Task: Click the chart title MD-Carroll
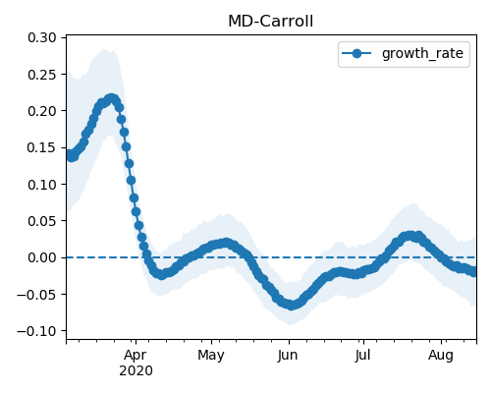point(270,22)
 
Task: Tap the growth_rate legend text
point(422,53)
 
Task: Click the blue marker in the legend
point(356,53)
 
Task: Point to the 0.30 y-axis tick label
point(42,37)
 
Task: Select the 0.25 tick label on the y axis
point(42,75)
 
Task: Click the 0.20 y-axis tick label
point(42,111)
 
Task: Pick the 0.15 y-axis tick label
point(42,147)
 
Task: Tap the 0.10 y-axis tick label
point(42,185)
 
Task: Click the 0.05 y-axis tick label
point(42,221)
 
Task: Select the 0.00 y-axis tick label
point(42,257)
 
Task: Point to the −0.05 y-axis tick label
point(37,295)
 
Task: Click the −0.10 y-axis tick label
point(37,331)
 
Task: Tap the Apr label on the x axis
point(136,356)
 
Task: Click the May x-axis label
point(211,356)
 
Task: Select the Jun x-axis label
point(288,356)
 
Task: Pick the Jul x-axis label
point(363,355)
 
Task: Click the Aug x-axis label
point(441,356)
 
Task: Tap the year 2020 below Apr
point(136,370)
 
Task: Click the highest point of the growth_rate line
point(112,98)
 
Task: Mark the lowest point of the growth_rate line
point(292,306)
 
